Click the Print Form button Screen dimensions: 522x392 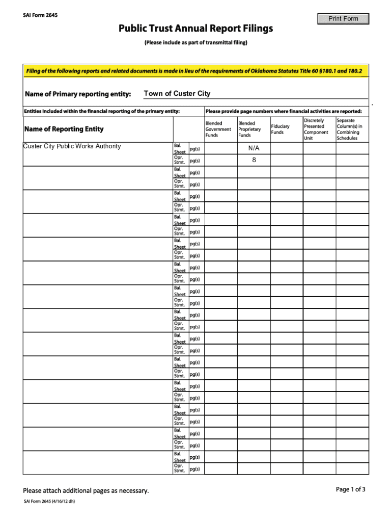(343, 19)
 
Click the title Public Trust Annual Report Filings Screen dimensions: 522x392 (196, 29)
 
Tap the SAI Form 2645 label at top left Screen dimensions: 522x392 (40, 15)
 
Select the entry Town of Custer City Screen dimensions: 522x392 (177, 93)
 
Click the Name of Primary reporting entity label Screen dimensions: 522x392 (78, 94)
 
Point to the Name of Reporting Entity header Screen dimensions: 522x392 (64, 129)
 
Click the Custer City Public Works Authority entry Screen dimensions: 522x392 (72, 146)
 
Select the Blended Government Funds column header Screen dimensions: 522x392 (218, 129)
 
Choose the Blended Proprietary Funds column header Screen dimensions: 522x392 (249, 129)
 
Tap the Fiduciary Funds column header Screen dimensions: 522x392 (280, 129)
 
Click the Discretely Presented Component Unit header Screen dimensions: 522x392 (316, 129)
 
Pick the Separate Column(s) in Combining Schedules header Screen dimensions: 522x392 (350, 129)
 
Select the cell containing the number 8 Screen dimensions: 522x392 (254, 160)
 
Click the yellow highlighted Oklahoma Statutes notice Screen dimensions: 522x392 (194, 71)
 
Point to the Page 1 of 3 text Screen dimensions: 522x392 (350, 489)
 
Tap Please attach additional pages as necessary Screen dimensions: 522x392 (86, 491)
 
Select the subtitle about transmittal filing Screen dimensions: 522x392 (196, 42)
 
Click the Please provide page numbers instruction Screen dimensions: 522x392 (284, 111)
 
